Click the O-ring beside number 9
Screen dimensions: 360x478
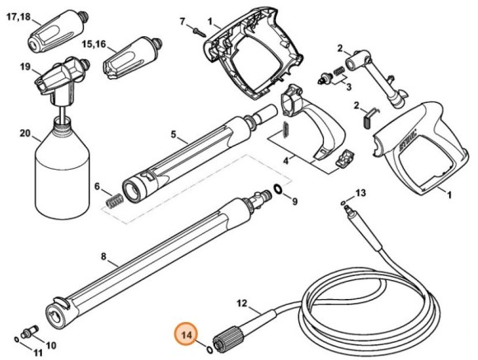click(280, 191)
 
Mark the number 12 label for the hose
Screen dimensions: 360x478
click(242, 303)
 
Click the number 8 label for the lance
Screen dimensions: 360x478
click(104, 257)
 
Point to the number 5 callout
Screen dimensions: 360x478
click(173, 133)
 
